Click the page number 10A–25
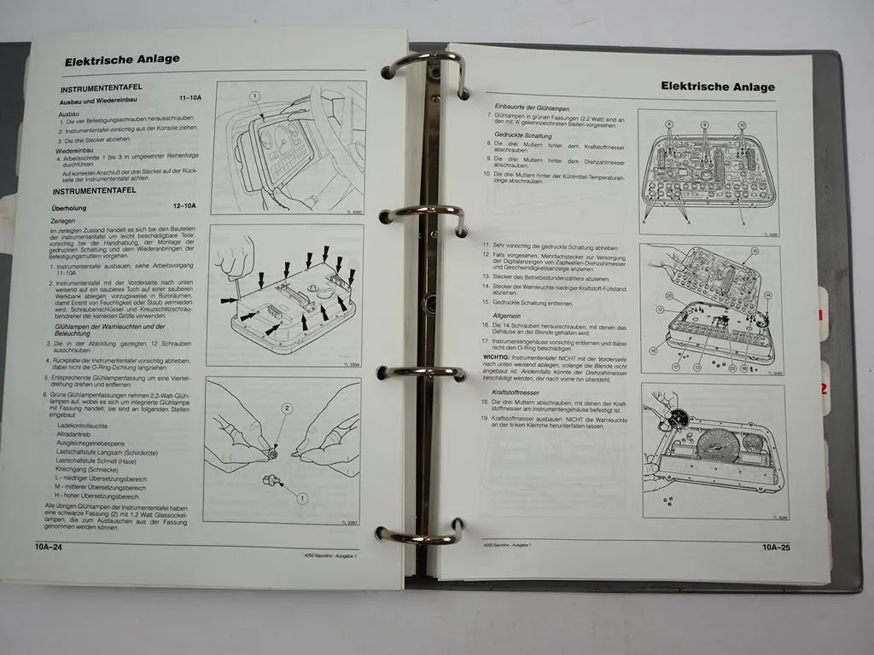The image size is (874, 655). (776, 548)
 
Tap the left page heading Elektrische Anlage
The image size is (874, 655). (122, 59)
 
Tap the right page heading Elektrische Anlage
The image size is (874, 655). (719, 86)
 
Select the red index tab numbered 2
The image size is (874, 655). (824, 388)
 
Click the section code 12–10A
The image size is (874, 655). (182, 206)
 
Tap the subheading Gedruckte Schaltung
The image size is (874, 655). (523, 136)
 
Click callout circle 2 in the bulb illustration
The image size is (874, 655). (287, 409)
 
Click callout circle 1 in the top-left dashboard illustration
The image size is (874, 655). (253, 96)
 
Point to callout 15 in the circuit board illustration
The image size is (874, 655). (754, 252)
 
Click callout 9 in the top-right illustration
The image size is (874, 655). (705, 125)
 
